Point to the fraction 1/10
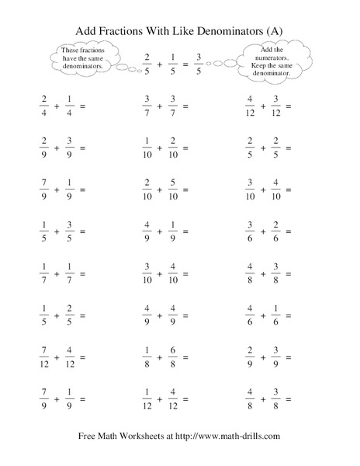pos(147,148)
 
